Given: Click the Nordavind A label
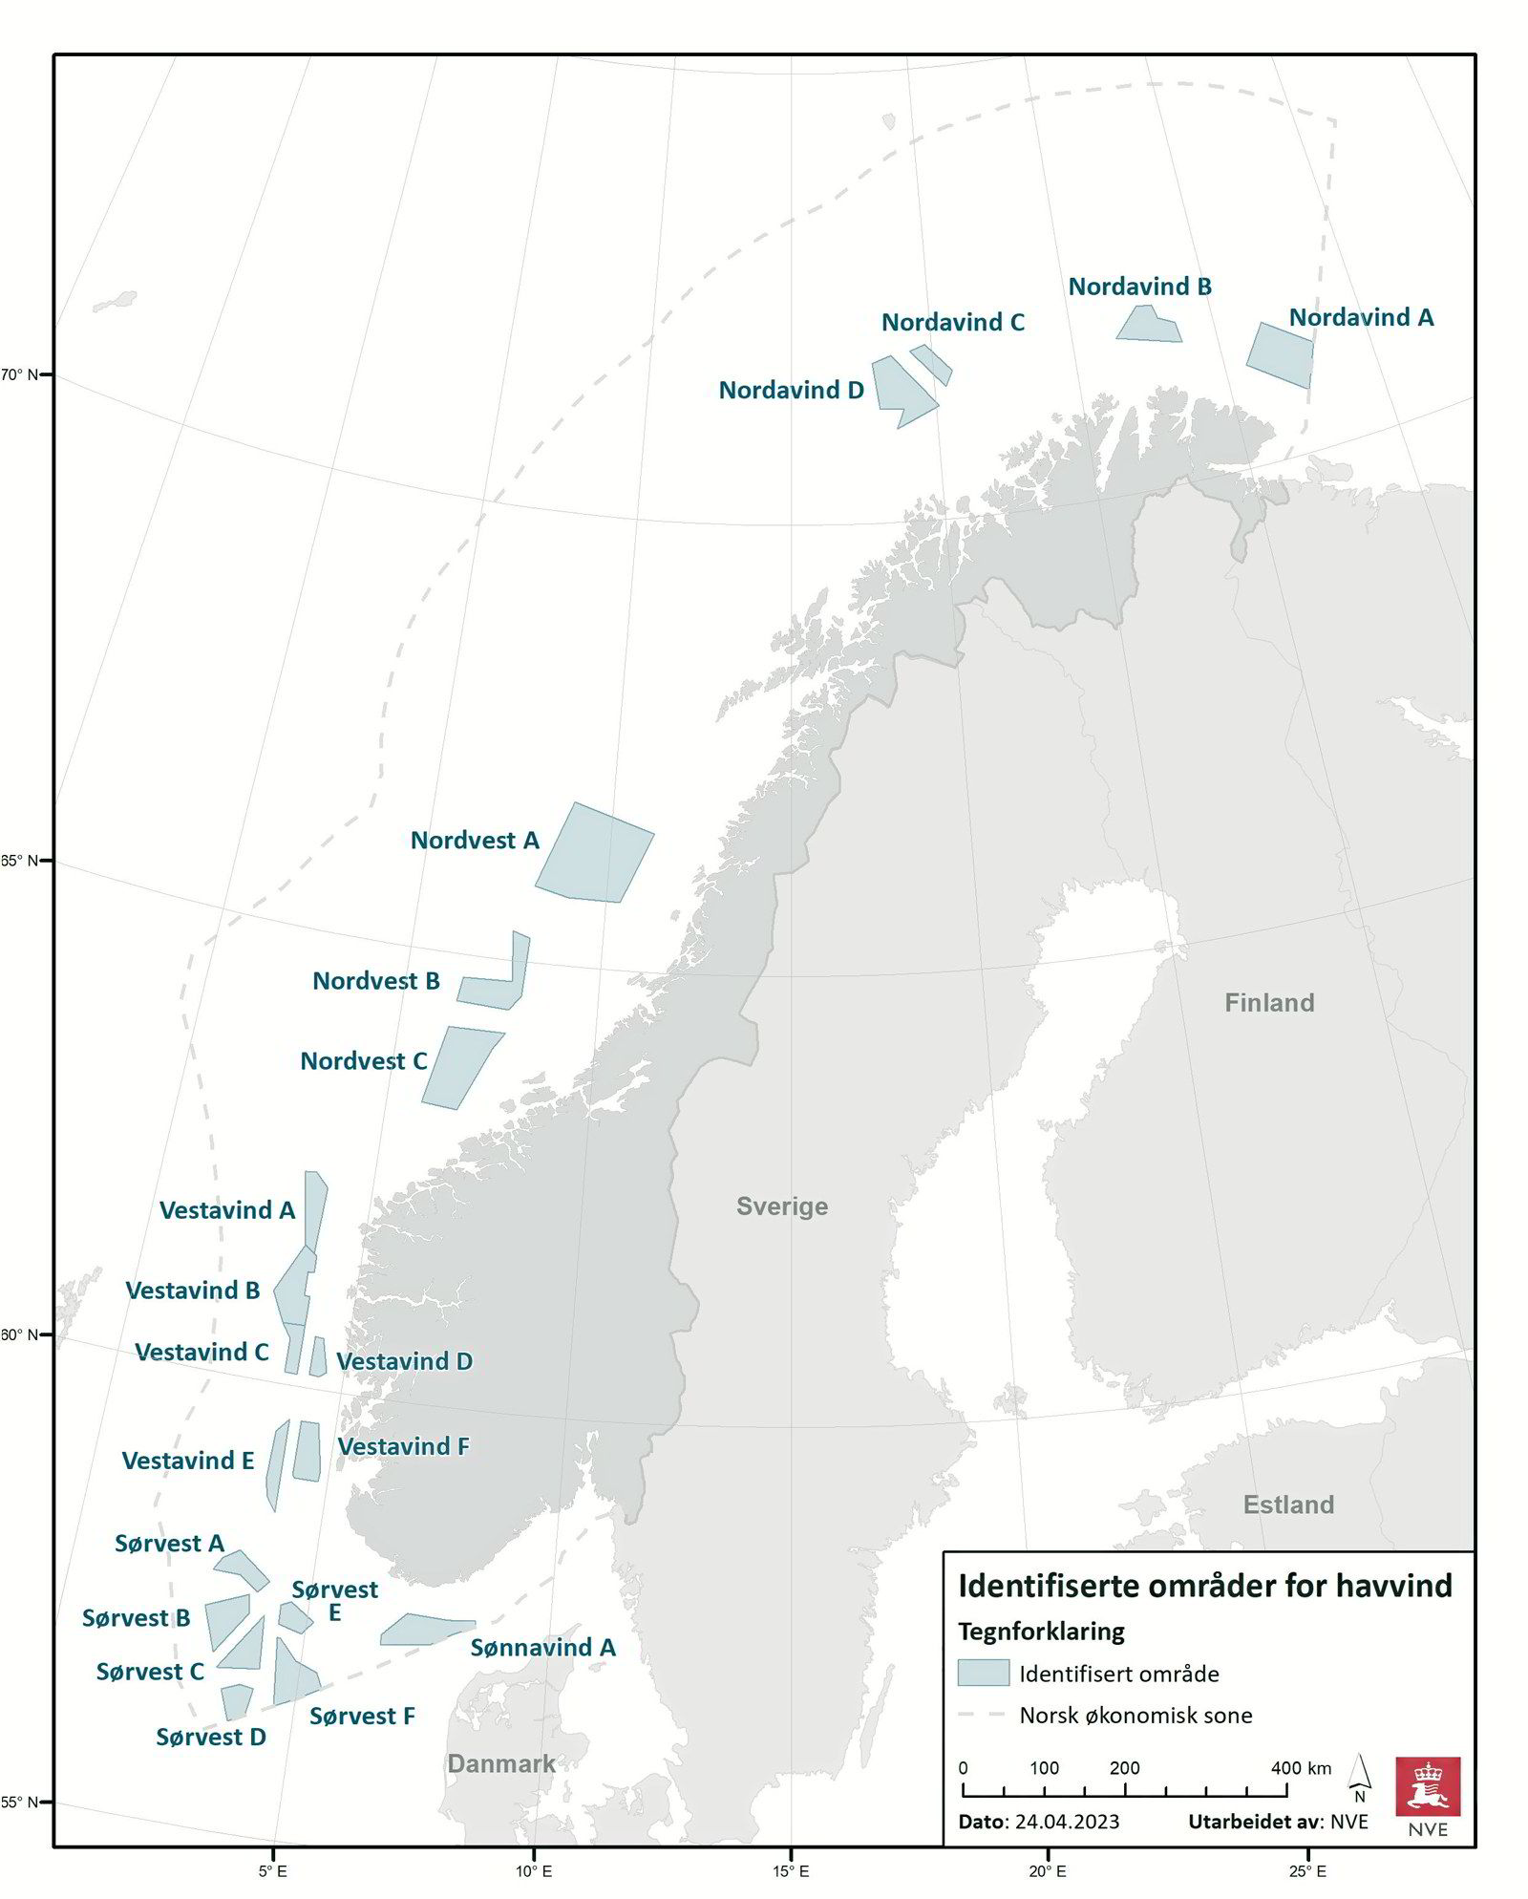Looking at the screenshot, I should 1361,317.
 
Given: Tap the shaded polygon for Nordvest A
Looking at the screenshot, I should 596,854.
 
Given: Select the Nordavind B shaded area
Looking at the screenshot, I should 1149,326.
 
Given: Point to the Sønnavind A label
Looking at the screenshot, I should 542,1647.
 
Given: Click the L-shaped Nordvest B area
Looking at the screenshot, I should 497,990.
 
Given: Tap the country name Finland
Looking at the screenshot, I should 1269,1002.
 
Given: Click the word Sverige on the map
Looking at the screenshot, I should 782,1206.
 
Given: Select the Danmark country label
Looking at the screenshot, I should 501,1763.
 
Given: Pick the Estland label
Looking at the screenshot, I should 1288,1504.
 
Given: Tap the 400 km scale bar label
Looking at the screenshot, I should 1301,1767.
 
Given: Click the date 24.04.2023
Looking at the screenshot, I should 1067,1821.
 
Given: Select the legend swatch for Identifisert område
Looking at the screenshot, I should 983,1673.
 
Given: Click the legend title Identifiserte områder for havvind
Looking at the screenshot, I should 1204,1586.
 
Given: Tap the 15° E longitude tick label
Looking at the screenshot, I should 791,1870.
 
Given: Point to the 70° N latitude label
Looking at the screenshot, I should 19,374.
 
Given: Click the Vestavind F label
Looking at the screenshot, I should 403,1446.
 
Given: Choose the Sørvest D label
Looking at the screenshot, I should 211,1737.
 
